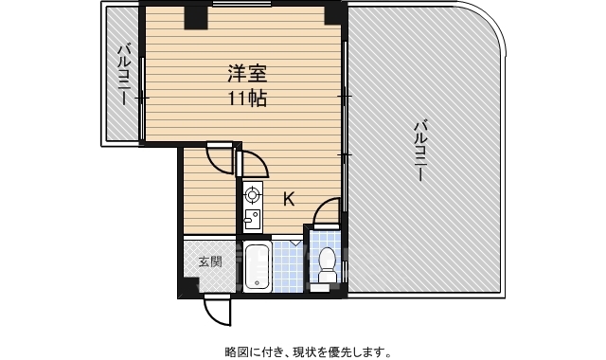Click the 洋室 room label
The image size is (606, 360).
tap(246, 73)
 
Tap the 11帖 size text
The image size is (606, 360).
tap(246, 98)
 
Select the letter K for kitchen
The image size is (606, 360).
tap(289, 199)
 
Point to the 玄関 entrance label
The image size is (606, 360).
tap(209, 262)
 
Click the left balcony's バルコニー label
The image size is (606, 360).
tap(123, 74)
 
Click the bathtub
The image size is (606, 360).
tap(258, 266)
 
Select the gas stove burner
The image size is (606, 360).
tap(253, 196)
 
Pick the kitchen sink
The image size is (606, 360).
tap(252, 220)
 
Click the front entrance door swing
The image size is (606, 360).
tap(217, 309)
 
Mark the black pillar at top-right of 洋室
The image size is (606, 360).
tap(333, 14)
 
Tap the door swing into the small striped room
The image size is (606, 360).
tap(221, 159)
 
